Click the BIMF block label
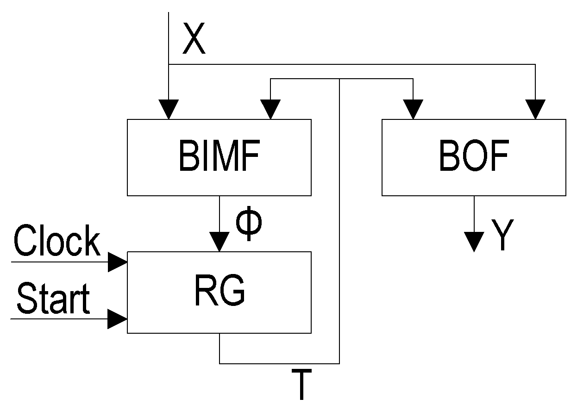(219, 157)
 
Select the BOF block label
(473, 157)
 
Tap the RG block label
(219, 292)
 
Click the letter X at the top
(194, 40)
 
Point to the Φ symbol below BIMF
(249, 224)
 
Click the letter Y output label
(501, 235)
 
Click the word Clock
(57, 241)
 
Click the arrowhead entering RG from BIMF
(220, 242)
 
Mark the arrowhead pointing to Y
(474, 242)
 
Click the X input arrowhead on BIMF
(169, 110)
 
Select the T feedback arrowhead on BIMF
(270, 110)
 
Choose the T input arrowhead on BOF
(413, 110)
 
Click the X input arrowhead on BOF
(536, 110)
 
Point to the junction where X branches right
(169, 64)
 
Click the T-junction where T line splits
(339, 79)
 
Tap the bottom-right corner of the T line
(339, 363)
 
